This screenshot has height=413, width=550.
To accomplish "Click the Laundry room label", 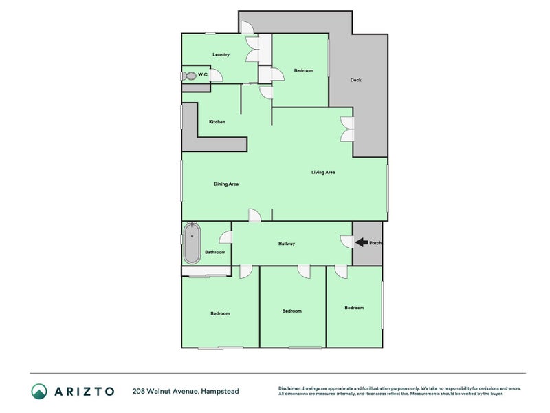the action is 221,55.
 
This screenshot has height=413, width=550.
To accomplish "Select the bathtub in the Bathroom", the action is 192,243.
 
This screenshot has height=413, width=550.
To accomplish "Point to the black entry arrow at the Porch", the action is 362,242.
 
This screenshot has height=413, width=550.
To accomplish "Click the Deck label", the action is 355,80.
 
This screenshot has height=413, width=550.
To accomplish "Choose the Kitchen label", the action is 217,122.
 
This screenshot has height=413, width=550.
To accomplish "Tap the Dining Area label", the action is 226,184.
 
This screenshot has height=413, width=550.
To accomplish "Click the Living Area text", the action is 323,173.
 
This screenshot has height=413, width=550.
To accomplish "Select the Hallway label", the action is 287,244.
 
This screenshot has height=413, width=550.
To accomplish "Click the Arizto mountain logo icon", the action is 39,391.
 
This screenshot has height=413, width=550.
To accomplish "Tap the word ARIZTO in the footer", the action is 85,391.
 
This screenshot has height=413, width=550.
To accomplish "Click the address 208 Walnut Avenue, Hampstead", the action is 186,391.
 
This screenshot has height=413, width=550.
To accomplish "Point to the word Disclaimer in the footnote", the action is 289,388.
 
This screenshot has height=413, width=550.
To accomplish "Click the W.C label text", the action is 203,74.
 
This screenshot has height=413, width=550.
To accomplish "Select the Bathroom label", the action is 215,252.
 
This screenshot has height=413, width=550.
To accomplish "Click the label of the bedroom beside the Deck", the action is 304,71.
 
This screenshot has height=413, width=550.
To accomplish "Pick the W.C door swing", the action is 217,76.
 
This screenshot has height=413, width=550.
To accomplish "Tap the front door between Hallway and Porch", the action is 347,242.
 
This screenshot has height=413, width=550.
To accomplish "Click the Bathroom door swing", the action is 225,237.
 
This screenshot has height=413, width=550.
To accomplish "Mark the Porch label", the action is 375,243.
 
